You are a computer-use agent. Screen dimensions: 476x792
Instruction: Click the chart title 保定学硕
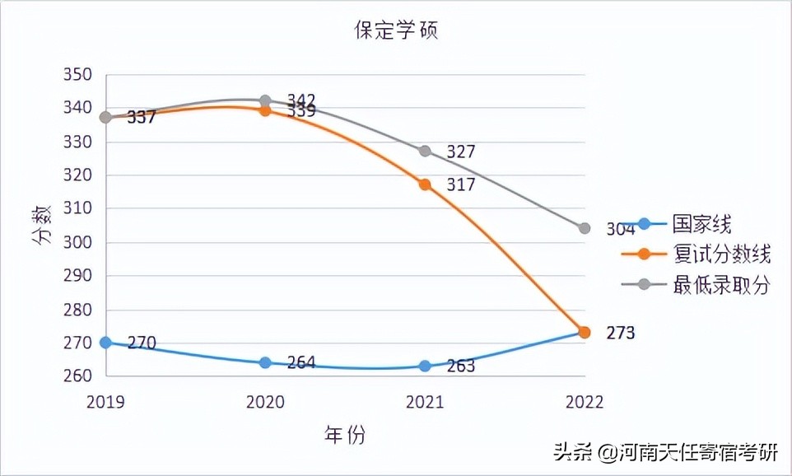(396, 31)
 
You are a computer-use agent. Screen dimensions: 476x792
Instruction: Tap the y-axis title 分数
(43, 225)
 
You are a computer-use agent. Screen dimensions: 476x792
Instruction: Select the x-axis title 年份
(344, 434)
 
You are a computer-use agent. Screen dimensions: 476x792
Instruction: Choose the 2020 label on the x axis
(265, 402)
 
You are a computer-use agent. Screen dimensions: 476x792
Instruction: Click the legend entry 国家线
(701, 224)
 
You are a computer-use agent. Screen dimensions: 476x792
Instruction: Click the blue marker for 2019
(105, 342)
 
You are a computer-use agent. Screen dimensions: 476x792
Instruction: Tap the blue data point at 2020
(265, 362)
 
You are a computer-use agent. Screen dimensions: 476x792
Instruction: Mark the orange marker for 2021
(425, 184)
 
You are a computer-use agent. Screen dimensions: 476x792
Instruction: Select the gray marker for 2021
(425, 151)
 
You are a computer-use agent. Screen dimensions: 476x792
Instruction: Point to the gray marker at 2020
(265, 100)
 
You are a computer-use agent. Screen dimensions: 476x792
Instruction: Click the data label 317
(461, 185)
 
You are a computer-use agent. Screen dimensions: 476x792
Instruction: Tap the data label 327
(461, 152)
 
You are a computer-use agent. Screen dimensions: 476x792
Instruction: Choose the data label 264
(300, 363)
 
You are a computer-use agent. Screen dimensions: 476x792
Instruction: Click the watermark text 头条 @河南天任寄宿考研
(665, 453)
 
